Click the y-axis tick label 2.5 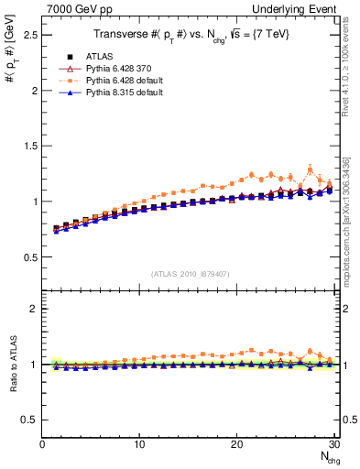(30, 34)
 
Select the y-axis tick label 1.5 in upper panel (30, 145)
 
